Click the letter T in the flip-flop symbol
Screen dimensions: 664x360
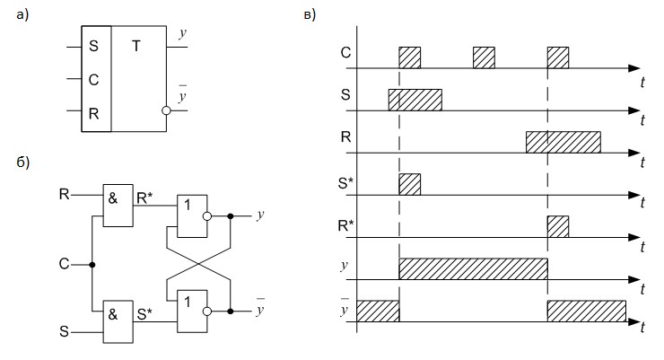pos(135,46)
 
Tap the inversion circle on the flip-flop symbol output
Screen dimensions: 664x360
pos(166,110)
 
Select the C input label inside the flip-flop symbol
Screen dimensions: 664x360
pos(93,79)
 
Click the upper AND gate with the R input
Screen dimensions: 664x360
pos(118,206)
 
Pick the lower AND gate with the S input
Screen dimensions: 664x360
pos(118,322)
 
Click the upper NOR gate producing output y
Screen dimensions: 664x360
pos(192,216)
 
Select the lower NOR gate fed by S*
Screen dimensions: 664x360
pos(192,312)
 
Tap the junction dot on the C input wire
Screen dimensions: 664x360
pos(92,265)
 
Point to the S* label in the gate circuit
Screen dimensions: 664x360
pos(144,314)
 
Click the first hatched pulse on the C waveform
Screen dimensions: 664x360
pos(410,57)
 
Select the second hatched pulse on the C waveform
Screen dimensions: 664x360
pos(484,57)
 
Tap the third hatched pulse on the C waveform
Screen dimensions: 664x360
pos(558,57)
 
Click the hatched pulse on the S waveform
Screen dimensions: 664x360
pos(415,100)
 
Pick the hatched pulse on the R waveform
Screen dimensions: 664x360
pos(564,143)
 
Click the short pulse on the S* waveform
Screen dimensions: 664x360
pos(410,184)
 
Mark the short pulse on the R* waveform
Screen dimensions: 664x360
pos(558,226)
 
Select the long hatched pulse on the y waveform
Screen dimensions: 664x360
pos(474,269)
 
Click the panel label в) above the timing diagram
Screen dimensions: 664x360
pos(310,15)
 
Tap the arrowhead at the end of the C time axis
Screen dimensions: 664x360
pos(633,68)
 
